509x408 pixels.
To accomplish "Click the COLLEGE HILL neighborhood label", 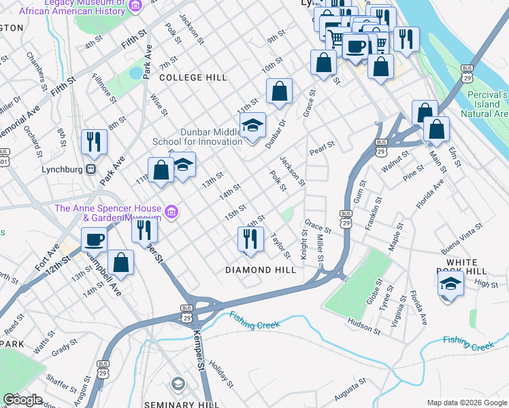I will [x=193, y=78].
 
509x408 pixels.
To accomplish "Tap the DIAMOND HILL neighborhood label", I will [x=261, y=270].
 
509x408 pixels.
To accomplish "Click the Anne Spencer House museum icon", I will [x=171, y=213].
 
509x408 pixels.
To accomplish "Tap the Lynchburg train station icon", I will [x=89, y=169].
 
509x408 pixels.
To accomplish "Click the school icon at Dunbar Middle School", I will [x=252, y=126].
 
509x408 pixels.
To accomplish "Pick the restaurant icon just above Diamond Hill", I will [x=250, y=239].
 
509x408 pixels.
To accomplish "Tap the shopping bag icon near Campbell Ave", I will [x=120, y=264].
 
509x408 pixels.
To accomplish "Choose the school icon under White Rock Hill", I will [x=450, y=285].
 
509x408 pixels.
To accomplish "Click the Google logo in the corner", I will [x=22, y=399].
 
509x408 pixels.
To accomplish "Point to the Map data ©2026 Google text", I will [x=467, y=403].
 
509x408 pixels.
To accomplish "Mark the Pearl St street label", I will [x=323, y=146].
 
